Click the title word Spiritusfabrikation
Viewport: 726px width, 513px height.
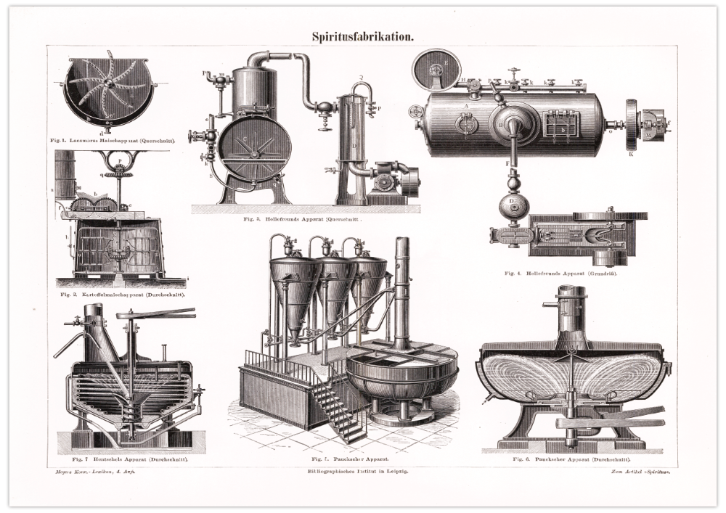click(x=363, y=36)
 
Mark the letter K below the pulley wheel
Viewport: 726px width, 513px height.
click(x=630, y=155)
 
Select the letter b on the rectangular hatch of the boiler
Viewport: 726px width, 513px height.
click(x=563, y=129)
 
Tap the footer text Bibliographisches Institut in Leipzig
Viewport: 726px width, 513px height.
click(x=358, y=471)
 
